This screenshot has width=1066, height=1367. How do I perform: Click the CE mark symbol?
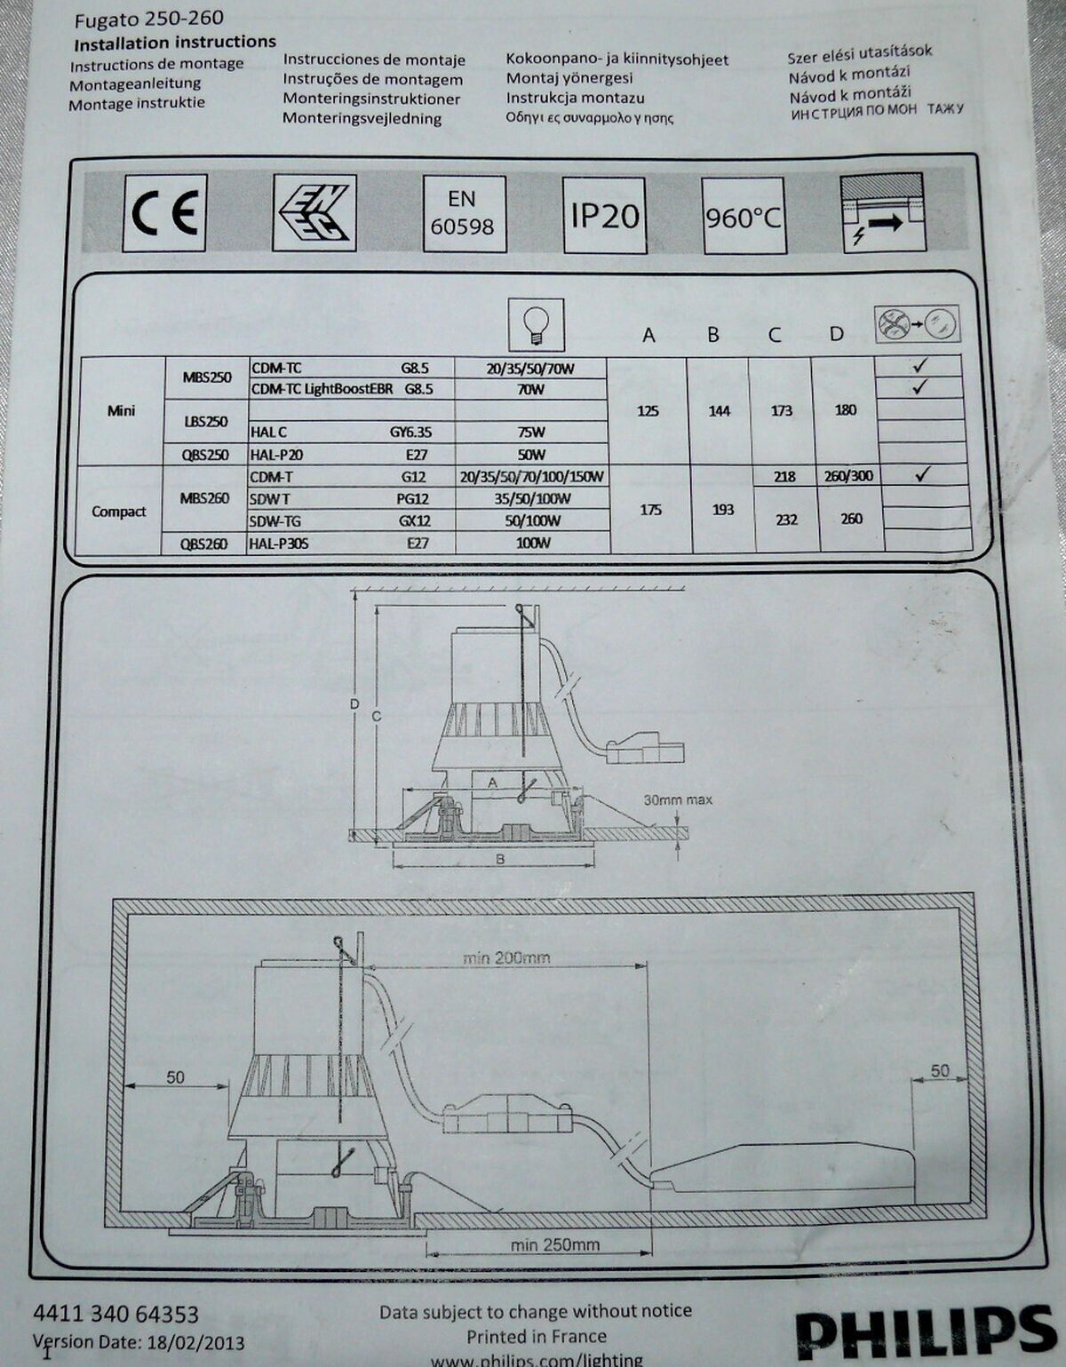point(164,213)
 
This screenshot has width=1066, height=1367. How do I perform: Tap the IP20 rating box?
point(604,216)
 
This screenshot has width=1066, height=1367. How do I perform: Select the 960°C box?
point(744,217)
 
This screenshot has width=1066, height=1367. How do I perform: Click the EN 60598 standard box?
point(464,215)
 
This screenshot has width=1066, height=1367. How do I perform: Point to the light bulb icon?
point(536,325)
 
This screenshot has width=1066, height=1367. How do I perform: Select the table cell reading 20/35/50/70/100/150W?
point(532,476)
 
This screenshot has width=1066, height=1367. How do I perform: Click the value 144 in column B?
point(719,411)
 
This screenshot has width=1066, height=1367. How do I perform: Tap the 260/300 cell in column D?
point(848,475)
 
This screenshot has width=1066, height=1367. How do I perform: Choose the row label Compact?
point(119,512)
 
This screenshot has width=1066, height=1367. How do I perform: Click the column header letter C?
point(775,335)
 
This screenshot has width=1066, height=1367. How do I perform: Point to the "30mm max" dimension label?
point(678,800)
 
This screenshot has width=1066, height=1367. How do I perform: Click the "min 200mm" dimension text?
point(506,958)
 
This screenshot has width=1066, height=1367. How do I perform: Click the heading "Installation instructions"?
point(175,44)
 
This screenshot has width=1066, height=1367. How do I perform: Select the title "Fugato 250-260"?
point(148,20)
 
